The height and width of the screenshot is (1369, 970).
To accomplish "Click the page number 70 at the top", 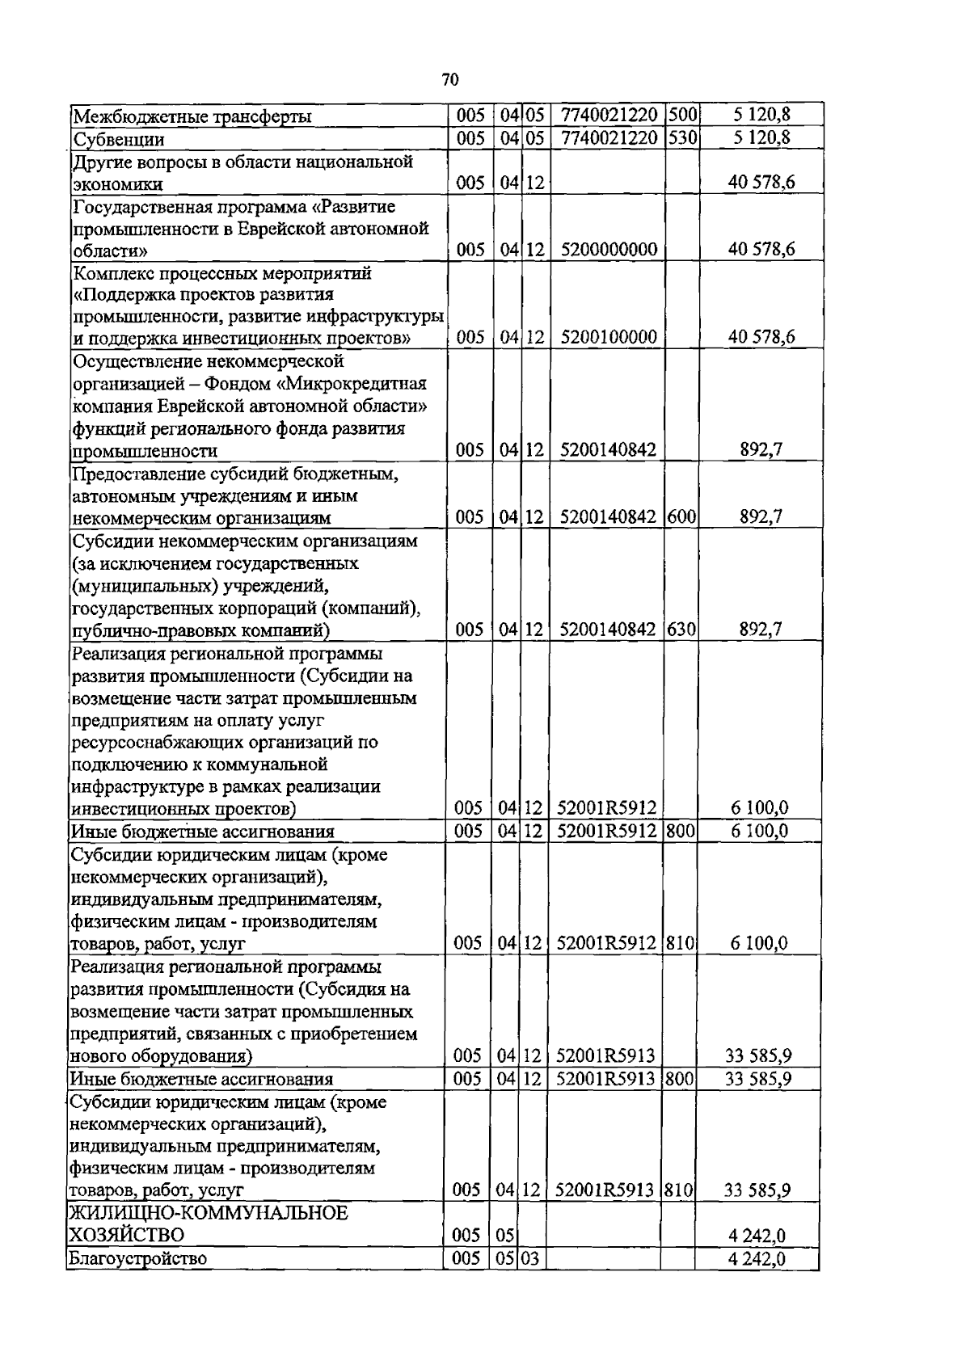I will [x=451, y=79].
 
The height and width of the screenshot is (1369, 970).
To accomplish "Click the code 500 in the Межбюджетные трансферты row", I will [x=682, y=116].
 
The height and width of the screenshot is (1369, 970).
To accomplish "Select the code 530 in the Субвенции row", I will [x=682, y=138].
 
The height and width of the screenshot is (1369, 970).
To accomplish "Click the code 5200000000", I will [x=608, y=250].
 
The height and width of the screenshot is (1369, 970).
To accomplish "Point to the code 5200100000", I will [x=608, y=337].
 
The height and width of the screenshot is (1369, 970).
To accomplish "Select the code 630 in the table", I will [x=682, y=630].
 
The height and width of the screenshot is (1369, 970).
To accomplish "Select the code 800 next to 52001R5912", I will [x=681, y=832].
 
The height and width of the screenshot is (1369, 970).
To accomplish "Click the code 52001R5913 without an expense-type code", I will [x=606, y=1055].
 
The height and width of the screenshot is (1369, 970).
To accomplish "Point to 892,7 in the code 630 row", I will [x=761, y=630].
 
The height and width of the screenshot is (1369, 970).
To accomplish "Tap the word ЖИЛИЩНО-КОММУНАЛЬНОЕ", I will [x=209, y=1213].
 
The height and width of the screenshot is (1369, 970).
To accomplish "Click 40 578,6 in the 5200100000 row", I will [x=761, y=337].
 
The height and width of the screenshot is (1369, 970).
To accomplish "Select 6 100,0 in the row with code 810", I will [x=760, y=943].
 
